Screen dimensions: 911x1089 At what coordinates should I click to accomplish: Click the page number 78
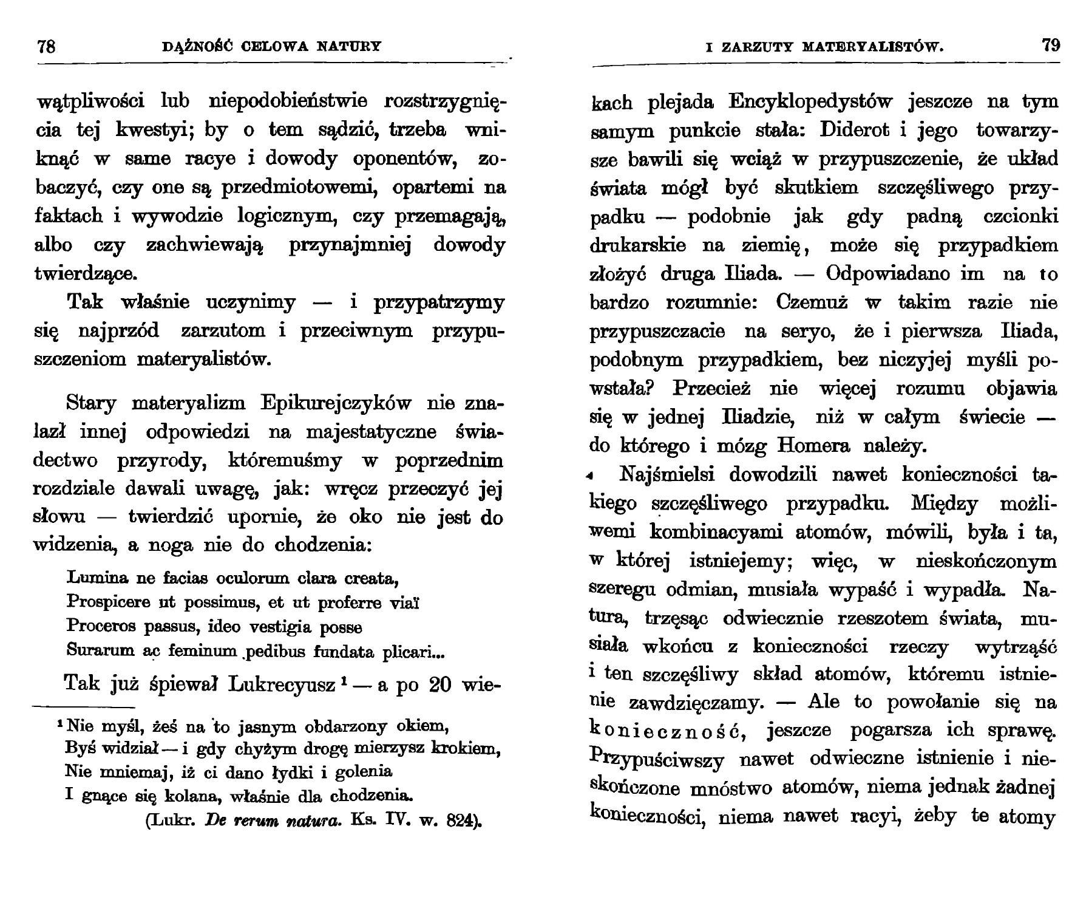click(x=46, y=46)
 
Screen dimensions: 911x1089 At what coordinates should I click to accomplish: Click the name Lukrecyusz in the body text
click(x=282, y=684)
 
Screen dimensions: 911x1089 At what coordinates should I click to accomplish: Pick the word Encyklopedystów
click(x=810, y=101)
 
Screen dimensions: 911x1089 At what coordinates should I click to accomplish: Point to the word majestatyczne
click(x=371, y=432)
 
